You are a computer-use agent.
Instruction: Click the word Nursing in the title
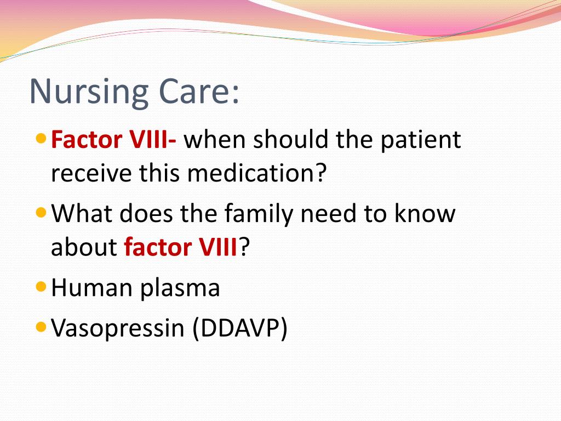(89, 92)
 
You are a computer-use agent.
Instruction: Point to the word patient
(420, 140)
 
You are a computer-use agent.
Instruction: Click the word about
(84, 247)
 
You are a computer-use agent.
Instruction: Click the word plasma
(180, 289)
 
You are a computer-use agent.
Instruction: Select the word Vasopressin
(118, 328)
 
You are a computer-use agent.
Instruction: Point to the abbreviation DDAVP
(240, 328)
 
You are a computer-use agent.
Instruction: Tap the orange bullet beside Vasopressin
(42, 327)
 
